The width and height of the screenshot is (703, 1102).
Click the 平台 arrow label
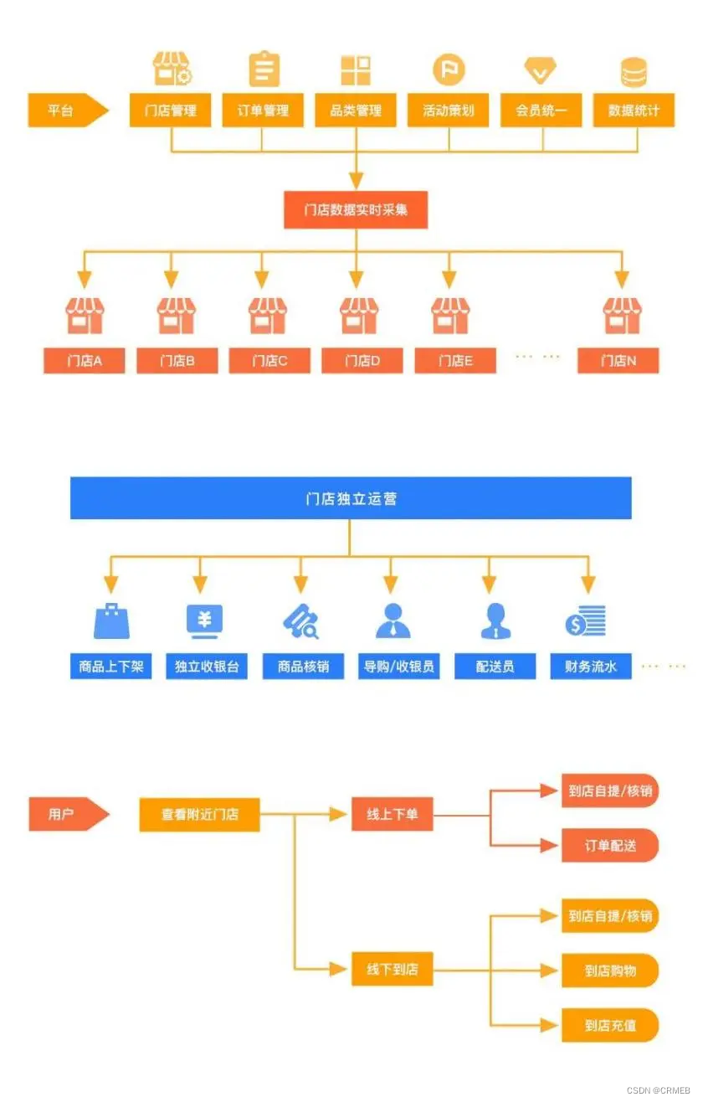64,111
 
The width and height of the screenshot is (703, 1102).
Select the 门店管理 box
170,111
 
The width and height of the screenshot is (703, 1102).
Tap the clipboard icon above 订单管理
264,70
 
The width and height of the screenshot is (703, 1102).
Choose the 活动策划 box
449,111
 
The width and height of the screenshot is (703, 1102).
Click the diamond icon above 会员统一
541,70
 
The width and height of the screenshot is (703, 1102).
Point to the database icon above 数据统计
634,72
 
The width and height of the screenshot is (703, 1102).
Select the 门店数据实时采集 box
356,210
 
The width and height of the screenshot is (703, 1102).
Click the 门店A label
85,361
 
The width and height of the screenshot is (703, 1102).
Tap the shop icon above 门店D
359,316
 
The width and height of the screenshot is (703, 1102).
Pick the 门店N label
618,361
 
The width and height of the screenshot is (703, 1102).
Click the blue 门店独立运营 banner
351,499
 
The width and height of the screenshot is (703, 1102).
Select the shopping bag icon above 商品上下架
111,621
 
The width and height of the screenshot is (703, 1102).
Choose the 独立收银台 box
206,667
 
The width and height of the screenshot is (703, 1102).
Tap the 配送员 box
495,667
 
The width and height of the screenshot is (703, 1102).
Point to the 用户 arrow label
64,814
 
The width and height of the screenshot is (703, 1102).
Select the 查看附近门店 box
199,814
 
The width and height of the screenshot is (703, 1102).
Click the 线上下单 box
392,814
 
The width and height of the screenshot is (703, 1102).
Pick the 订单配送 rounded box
610,846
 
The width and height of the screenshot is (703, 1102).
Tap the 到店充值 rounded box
610,1025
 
